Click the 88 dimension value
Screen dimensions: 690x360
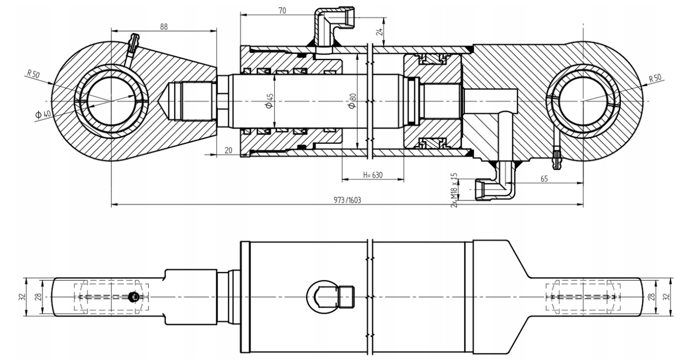(x=164, y=27)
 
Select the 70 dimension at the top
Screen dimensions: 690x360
(x=282, y=11)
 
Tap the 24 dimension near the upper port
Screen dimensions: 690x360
(x=380, y=32)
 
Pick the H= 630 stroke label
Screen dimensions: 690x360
(x=373, y=175)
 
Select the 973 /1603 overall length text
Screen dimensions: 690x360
(x=347, y=200)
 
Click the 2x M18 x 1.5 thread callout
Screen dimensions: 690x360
(x=454, y=190)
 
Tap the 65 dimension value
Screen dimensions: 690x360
(x=544, y=179)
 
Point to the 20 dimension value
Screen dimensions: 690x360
(x=228, y=150)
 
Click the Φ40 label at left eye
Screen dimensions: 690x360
(x=43, y=114)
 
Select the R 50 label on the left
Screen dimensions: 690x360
(x=33, y=74)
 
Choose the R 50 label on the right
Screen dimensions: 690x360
(x=655, y=78)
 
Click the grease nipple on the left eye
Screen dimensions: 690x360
(x=133, y=46)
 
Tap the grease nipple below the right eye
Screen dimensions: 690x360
(x=557, y=158)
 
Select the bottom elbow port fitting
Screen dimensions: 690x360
(x=496, y=182)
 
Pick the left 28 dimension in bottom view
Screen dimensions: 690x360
(x=39, y=297)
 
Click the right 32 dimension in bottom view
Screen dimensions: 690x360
(x=666, y=297)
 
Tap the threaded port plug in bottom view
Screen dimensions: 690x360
(x=347, y=297)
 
